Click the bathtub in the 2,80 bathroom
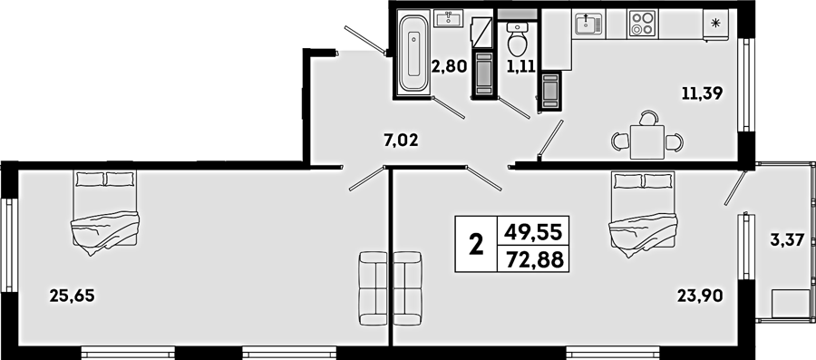coord(413,54)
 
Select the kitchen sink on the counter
coord(588,24)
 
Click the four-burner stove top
coord(643,24)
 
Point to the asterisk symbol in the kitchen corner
coord(715,23)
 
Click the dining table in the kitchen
coord(646,142)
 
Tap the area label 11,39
coord(703,93)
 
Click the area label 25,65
coord(73,296)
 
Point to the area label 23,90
coord(700,296)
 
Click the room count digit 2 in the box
coord(476,245)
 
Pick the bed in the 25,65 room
coord(105,213)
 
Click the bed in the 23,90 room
coord(643,214)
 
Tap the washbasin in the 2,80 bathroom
coord(448,19)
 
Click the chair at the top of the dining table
coord(648,118)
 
